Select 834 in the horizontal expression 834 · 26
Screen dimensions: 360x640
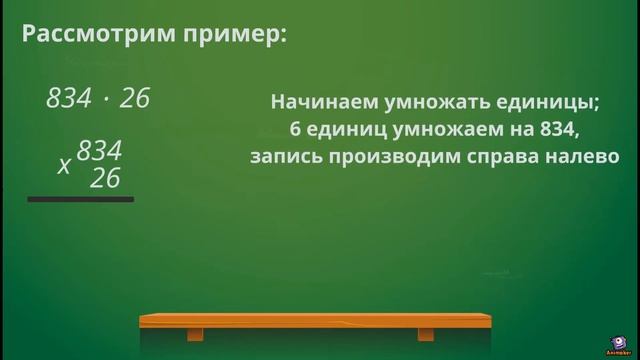tap(68, 98)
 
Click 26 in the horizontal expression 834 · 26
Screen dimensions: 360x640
tap(134, 98)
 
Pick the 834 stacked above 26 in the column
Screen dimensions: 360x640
tap(99, 151)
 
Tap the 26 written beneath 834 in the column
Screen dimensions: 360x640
tap(105, 178)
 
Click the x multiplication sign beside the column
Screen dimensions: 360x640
tap(64, 166)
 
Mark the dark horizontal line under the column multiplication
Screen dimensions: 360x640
tap(80, 199)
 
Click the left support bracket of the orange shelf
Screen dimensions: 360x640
tap(195, 333)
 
